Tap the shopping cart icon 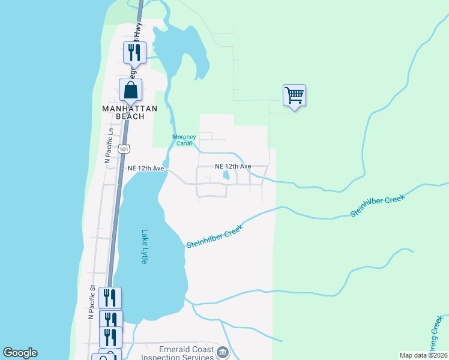[294, 95]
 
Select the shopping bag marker [130, 90]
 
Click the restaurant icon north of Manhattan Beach [134, 52]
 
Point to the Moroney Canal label [184, 140]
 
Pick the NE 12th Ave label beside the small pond [232, 166]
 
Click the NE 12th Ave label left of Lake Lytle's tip [146, 169]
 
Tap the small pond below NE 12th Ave [226, 176]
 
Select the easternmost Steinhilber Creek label [378, 205]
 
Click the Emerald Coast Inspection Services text [177, 353]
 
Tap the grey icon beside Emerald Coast [223, 352]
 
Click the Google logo [20, 353]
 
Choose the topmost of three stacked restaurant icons [109, 297]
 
